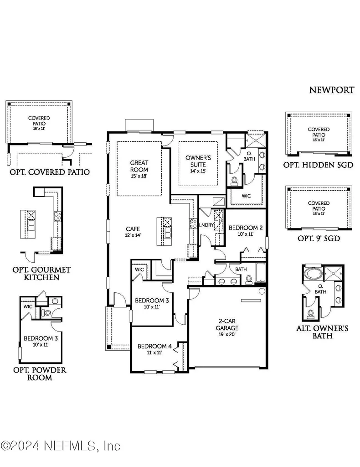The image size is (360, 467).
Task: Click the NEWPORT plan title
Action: click(x=331, y=90)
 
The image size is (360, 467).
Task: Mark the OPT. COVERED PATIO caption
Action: click(x=50, y=172)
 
